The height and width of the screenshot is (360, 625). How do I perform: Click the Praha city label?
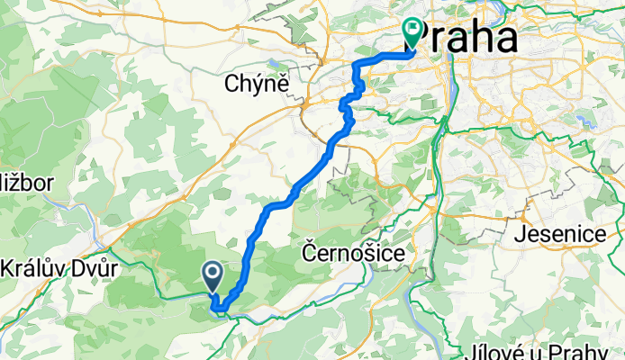(x=470, y=38)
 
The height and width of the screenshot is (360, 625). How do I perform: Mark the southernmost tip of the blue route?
(x=219, y=312)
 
